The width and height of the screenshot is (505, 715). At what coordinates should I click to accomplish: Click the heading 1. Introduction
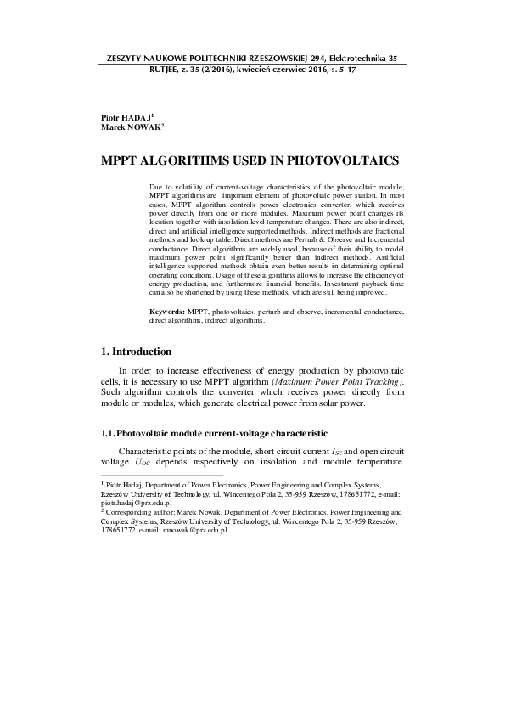[x=136, y=352]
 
